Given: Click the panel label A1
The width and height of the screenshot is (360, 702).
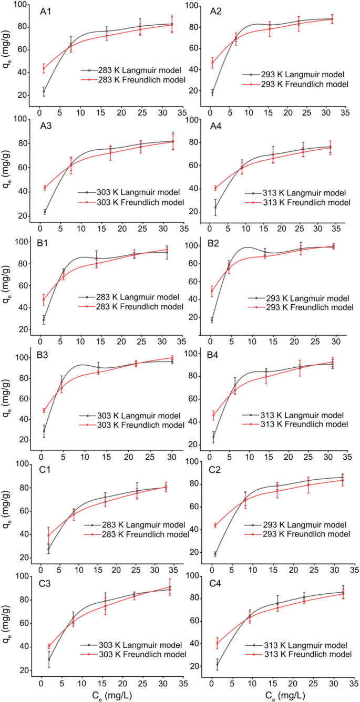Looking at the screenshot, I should click(x=47, y=11).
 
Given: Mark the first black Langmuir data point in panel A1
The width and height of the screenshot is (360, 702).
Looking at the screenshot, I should click(x=44, y=91).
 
